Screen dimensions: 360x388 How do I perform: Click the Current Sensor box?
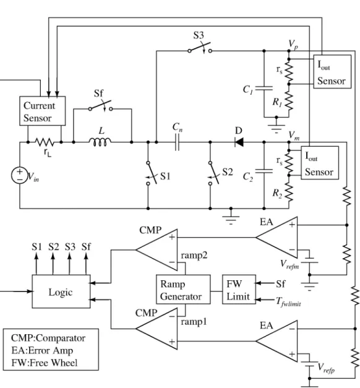(43, 111)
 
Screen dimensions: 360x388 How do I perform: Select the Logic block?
(61, 291)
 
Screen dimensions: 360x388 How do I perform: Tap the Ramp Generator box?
(183, 289)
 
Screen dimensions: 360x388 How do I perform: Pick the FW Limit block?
(239, 289)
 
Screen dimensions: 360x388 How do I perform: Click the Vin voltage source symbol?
(20, 175)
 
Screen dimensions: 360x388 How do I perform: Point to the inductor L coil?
(100, 142)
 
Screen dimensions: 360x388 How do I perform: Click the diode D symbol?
(239, 142)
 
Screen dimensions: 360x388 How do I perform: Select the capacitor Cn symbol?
(177, 142)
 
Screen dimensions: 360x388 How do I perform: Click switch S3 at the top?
(200, 49)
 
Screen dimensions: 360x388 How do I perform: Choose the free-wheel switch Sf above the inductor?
(100, 106)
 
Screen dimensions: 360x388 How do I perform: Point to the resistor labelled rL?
(45, 142)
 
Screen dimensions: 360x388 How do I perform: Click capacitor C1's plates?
(264, 88)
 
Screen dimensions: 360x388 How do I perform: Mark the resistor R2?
(289, 192)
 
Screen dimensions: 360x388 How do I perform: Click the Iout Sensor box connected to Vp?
(332, 72)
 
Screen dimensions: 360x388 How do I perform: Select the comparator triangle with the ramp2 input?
(156, 250)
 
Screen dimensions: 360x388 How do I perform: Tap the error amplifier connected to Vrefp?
(276, 341)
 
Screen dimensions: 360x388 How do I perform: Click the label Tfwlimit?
(288, 302)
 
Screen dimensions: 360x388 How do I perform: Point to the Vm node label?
(294, 136)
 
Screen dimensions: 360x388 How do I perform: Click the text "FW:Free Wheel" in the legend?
(45, 363)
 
